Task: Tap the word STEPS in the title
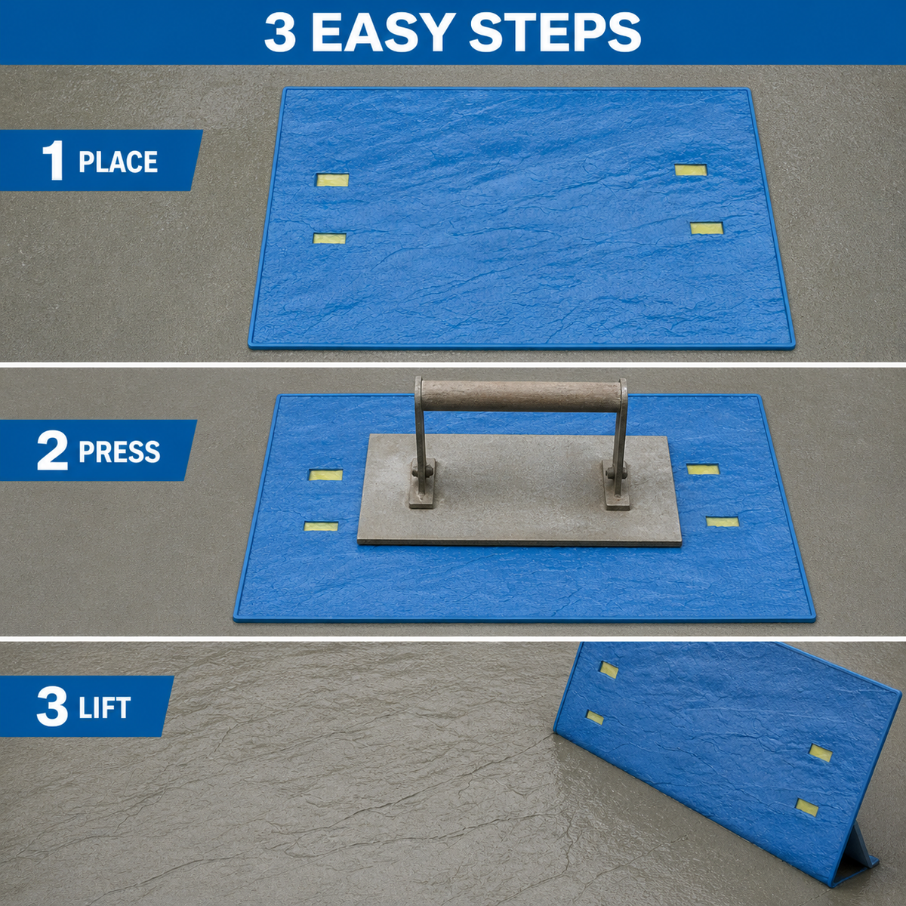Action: (x=555, y=32)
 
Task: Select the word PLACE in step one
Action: (x=118, y=162)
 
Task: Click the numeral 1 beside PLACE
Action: (x=53, y=162)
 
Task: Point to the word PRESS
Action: (x=119, y=451)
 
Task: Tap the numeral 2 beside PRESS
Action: (x=52, y=451)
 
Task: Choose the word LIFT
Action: (x=104, y=707)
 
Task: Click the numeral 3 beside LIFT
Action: (x=52, y=707)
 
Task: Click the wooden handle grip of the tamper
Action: (x=520, y=396)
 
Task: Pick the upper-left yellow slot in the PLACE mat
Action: (x=332, y=180)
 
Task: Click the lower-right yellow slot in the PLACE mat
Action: (x=707, y=229)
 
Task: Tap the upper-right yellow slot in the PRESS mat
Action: (x=703, y=469)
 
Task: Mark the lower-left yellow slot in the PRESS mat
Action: (x=321, y=526)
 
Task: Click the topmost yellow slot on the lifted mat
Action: (x=609, y=670)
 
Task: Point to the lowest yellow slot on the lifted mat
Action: (x=807, y=807)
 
